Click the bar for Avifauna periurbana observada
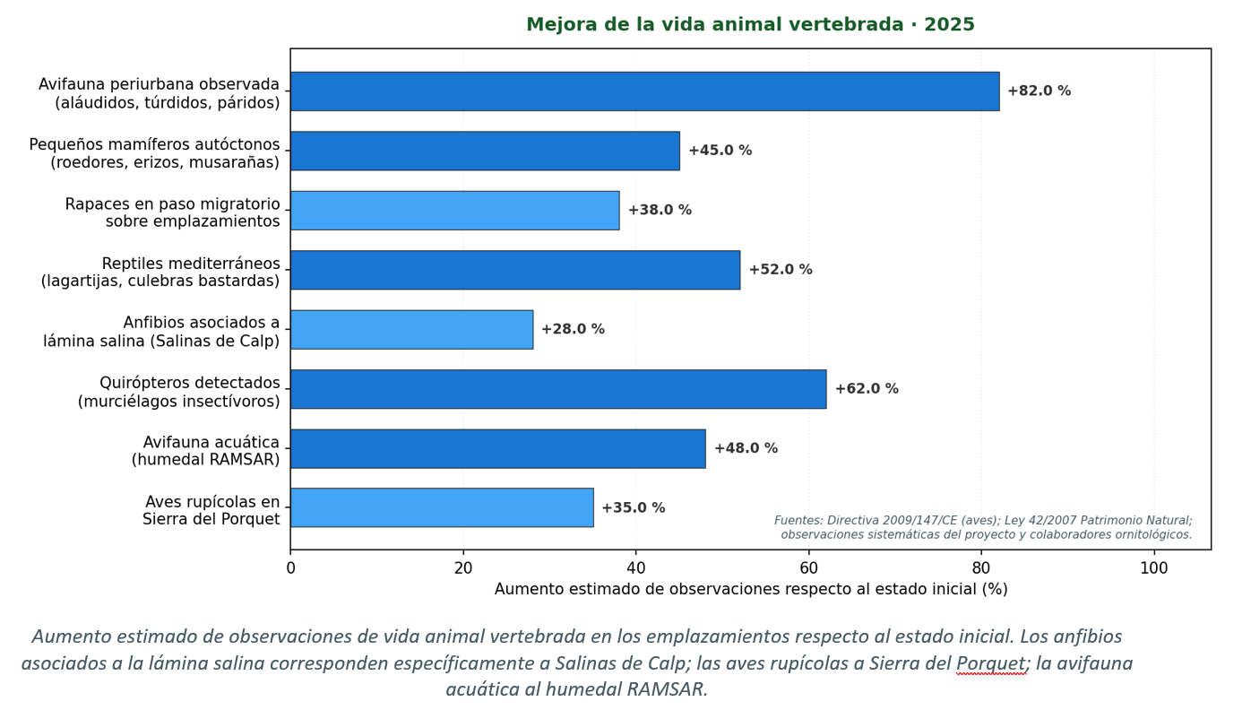click(644, 91)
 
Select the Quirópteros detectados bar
click(557, 389)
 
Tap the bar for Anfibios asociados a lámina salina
click(411, 330)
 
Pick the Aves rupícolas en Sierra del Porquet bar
click(441, 507)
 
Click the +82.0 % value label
click(1039, 91)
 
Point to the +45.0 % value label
click(720, 151)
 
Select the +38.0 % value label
click(660, 211)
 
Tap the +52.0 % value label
click(781, 270)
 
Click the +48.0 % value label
click(746, 448)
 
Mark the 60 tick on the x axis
click(808, 568)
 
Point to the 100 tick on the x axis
click(1153, 568)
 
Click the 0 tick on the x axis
click(290, 568)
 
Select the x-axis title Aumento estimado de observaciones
click(751, 590)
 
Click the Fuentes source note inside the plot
click(983, 527)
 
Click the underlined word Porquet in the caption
click(990, 664)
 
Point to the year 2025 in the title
click(949, 25)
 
